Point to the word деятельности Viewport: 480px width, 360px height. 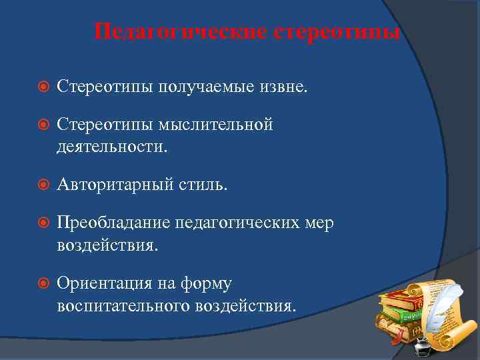tap(112, 146)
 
